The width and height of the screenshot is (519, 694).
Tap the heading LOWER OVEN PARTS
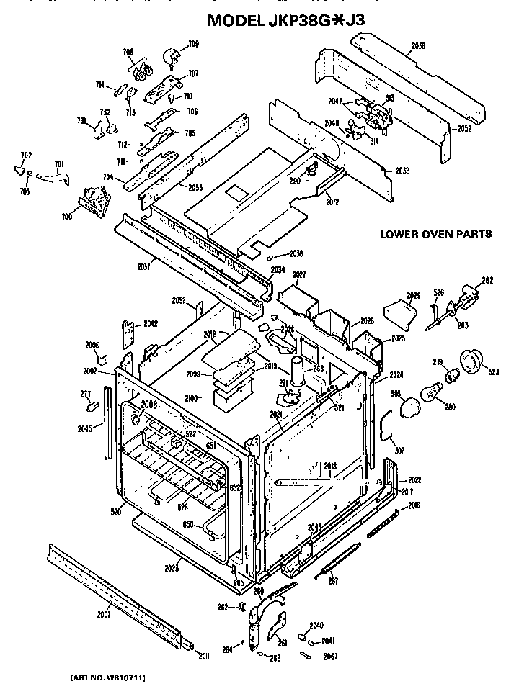tap(435, 234)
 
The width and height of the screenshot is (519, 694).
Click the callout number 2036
tap(418, 46)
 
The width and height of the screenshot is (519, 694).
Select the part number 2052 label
tap(465, 129)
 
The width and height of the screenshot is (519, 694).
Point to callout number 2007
tap(104, 615)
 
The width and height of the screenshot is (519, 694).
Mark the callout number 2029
tap(413, 296)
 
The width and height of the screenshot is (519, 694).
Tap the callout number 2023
tap(172, 568)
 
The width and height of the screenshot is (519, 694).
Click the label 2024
tap(395, 374)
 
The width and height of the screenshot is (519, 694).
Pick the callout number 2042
tap(150, 323)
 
